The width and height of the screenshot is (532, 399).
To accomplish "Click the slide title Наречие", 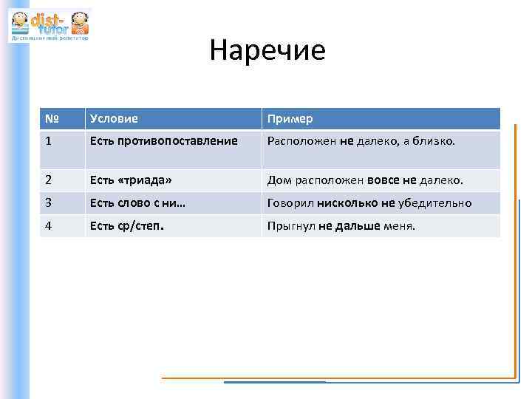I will (x=267, y=51).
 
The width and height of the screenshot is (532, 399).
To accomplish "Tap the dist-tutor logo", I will (x=50, y=24).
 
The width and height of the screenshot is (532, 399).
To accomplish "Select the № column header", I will (x=51, y=118).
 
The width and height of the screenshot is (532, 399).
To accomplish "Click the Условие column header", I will (x=114, y=118).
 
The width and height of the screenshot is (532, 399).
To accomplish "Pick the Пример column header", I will (x=290, y=119).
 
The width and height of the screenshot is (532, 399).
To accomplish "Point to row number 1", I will (x=48, y=140).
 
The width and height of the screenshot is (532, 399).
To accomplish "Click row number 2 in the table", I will (x=48, y=180).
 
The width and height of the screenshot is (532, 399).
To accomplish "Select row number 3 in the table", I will (x=48, y=203).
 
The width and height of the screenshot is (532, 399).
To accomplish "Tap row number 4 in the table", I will (x=48, y=225).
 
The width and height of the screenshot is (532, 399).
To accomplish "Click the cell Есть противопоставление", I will (x=163, y=140).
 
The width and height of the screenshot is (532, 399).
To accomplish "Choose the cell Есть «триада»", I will (x=132, y=180).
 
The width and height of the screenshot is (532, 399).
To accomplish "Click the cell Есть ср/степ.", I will (x=126, y=225).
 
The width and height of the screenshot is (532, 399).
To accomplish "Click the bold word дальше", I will (x=358, y=225).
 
